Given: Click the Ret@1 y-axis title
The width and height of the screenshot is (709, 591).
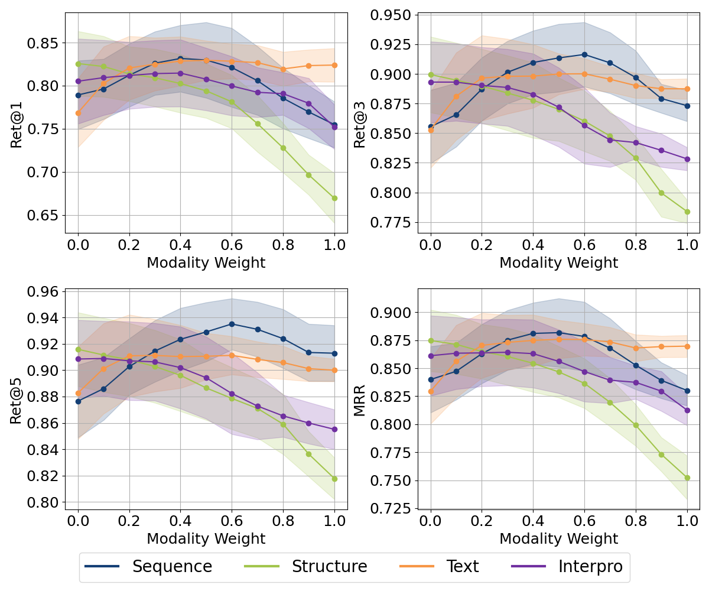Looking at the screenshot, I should [17, 124].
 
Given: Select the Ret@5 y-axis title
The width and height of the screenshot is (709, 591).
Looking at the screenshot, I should [17, 400].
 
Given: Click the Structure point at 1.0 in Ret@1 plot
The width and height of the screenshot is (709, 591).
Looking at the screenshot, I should [334, 198].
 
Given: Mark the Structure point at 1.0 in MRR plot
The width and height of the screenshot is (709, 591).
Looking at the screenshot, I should [687, 478].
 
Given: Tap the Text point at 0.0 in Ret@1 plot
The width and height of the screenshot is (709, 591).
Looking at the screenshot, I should [78, 113].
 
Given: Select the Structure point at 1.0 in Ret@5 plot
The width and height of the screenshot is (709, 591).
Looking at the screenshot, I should [334, 479].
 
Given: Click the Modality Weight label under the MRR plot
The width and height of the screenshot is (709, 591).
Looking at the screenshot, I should [558, 538].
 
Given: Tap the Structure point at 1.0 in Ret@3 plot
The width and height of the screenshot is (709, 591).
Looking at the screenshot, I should [687, 212].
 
